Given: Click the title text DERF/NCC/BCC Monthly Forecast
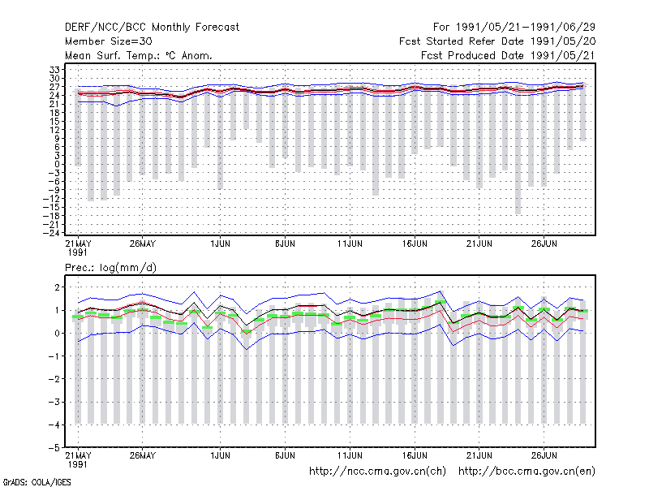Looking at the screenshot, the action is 152,28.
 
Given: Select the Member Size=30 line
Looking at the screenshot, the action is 109,41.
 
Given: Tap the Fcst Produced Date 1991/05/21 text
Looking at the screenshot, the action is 508,55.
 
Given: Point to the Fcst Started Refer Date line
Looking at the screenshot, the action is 497,41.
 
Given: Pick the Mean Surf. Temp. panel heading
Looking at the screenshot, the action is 138,55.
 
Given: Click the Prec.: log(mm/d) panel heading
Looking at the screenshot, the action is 110,268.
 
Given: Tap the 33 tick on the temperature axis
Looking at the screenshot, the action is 55,70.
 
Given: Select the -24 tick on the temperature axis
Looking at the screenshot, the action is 51,233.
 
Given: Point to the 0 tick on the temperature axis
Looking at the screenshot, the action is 58,165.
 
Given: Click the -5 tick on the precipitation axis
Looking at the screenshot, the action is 54,448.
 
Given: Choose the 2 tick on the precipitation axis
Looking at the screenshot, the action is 57,287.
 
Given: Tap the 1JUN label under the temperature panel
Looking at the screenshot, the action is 220,244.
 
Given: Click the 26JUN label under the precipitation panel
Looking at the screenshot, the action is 544,455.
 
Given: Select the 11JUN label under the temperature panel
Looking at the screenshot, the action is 350,244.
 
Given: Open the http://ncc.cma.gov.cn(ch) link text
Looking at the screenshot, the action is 377,472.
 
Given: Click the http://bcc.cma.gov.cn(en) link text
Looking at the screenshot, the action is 527,472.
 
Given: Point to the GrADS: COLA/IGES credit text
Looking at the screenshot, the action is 37,482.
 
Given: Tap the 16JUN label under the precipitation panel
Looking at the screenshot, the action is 415,455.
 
